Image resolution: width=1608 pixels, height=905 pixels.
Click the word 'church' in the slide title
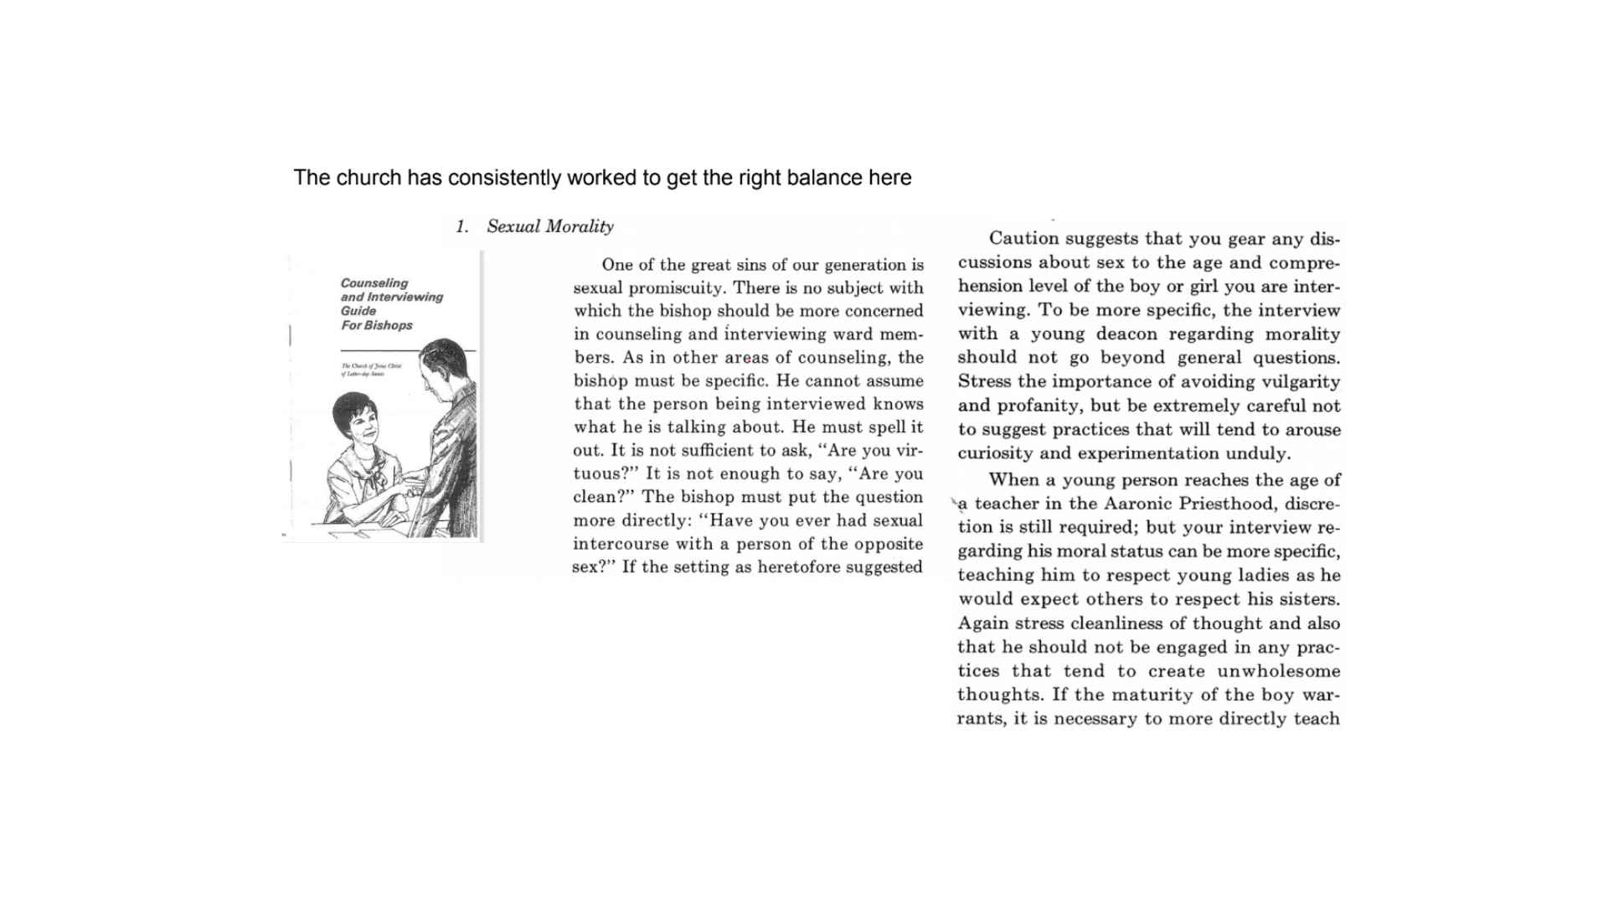point(368,178)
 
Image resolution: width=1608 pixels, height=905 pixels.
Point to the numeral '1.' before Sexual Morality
point(462,226)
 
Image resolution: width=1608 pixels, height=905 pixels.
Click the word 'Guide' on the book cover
point(358,311)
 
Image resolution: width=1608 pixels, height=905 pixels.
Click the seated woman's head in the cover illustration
point(356,419)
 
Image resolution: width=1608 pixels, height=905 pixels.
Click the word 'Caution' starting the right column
point(1022,239)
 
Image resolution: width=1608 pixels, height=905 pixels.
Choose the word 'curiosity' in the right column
point(996,453)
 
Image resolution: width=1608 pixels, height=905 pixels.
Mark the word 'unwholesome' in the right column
point(1278,671)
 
